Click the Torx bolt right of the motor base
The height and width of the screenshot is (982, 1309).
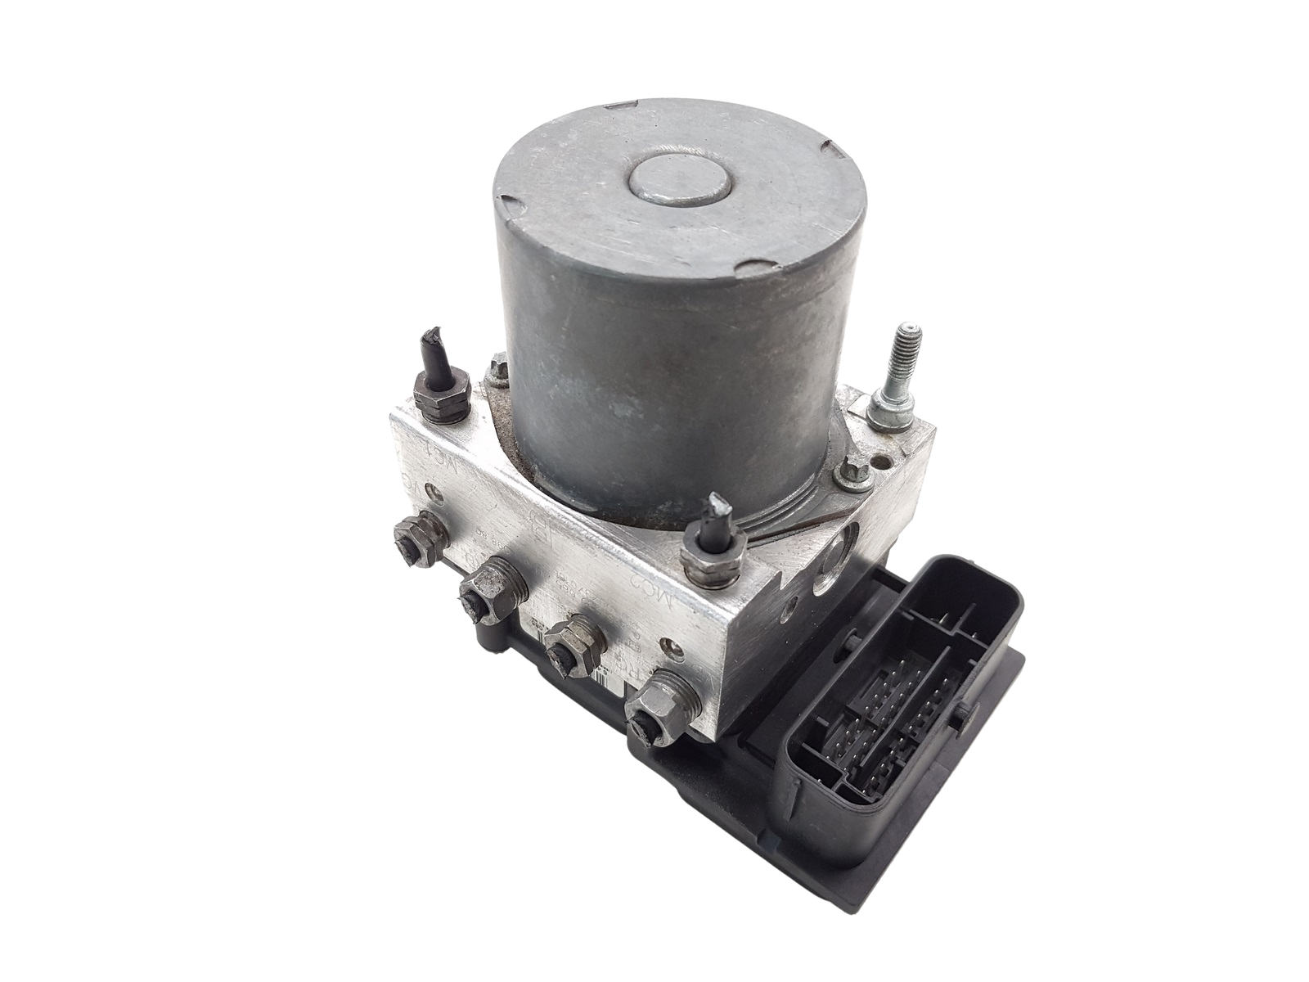coord(852,472)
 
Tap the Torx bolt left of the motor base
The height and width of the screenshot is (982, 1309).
coord(497,376)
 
